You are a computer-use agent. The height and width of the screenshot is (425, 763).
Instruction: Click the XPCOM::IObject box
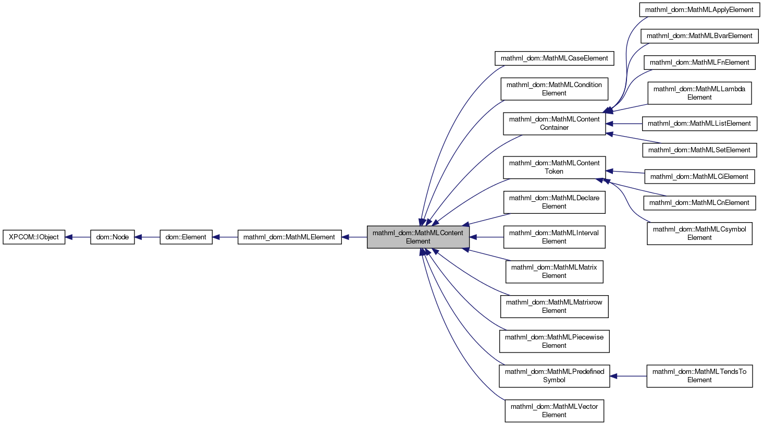pyautogui.click(x=34, y=237)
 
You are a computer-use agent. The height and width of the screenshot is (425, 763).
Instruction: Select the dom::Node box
pyautogui.click(x=113, y=237)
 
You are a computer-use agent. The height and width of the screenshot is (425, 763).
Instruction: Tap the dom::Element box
pyautogui.click(x=186, y=237)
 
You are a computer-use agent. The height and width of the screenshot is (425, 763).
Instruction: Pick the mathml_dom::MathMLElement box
pyautogui.click(x=289, y=237)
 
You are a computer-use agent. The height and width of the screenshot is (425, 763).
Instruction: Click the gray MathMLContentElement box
pyautogui.click(x=418, y=237)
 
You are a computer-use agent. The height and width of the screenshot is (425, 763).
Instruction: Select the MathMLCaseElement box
pyautogui.click(x=554, y=58)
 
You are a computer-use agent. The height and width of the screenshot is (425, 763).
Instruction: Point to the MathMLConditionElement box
pyautogui.click(x=554, y=89)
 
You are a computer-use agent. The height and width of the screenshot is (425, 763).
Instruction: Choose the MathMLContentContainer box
pyautogui.click(x=554, y=124)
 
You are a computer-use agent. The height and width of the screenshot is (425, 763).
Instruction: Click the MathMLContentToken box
pyautogui.click(x=554, y=167)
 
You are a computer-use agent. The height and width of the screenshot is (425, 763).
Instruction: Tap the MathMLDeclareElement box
pyautogui.click(x=554, y=202)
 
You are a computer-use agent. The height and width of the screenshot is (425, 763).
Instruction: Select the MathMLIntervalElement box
pyautogui.click(x=554, y=237)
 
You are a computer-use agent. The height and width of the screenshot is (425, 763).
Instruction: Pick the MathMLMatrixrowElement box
pyautogui.click(x=554, y=307)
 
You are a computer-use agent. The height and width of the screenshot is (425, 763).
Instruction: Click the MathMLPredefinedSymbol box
pyautogui.click(x=554, y=376)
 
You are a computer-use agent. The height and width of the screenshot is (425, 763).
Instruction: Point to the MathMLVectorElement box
pyautogui.click(x=554, y=411)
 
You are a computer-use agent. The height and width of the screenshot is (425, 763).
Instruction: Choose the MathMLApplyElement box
pyautogui.click(x=699, y=10)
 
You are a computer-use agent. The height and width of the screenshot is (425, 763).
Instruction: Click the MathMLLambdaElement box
pyautogui.click(x=699, y=93)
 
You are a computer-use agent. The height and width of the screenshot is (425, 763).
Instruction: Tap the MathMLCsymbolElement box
pyautogui.click(x=699, y=234)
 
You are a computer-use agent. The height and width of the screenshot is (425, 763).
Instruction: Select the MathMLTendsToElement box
pyautogui.click(x=699, y=376)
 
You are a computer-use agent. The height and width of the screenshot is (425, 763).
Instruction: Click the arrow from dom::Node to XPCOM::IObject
pyautogui.click(x=78, y=237)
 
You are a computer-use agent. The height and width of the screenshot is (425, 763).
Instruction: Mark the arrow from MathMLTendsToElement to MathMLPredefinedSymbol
pyautogui.click(x=629, y=376)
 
